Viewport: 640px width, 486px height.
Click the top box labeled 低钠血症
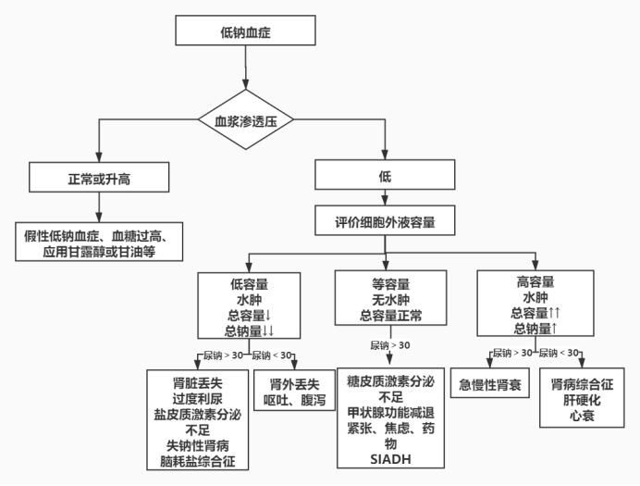(245, 32)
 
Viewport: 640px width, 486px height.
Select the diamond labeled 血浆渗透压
(246, 120)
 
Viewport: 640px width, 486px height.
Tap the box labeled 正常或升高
(98, 177)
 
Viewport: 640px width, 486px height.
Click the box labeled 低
(385, 177)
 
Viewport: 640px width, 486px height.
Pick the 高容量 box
(535, 304)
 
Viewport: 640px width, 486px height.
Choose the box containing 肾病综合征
(581, 399)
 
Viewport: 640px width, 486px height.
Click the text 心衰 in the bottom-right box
(581, 417)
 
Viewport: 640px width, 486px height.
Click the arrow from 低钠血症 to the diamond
(245, 69)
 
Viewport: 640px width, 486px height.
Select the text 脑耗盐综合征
(197, 458)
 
